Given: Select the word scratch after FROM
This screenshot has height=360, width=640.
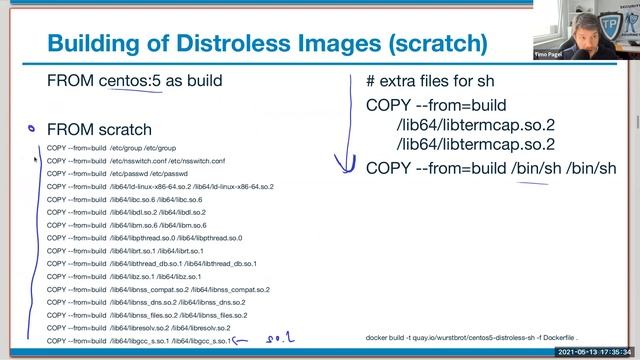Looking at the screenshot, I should [120, 130].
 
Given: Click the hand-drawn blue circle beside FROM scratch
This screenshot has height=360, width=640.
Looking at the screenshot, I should [31, 128].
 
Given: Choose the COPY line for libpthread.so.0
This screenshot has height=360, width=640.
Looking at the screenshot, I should [144, 238].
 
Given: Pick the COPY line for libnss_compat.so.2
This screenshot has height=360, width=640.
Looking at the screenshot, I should [158, 290].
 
